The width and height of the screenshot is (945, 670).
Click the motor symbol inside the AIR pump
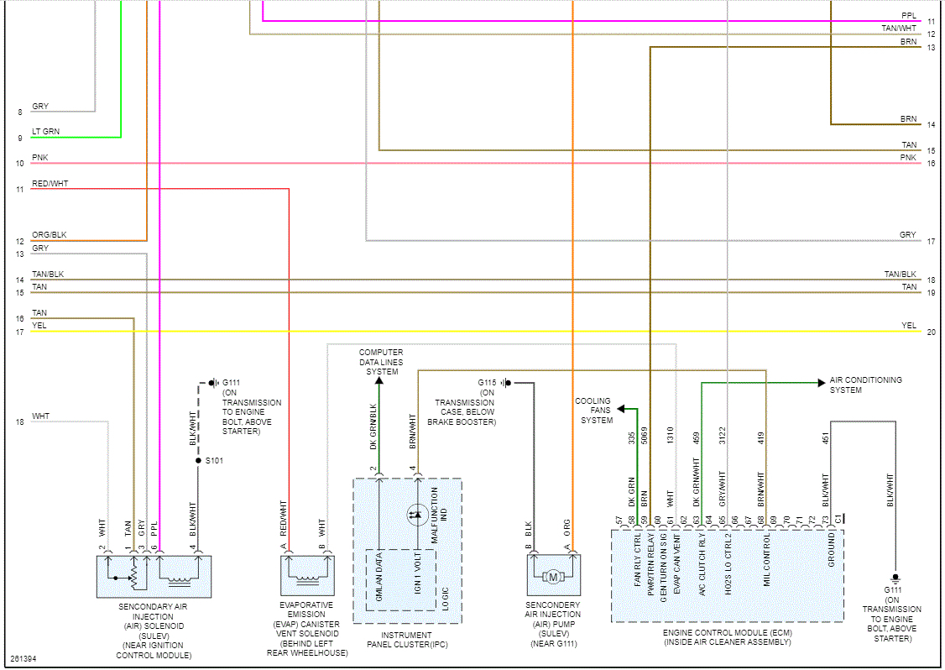553,576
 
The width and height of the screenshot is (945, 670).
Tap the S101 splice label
214,461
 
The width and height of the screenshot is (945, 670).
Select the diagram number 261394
23,658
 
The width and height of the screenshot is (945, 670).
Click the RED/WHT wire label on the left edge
50,183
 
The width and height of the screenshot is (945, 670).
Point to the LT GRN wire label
45,132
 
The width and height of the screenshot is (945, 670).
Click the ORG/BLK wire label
49,235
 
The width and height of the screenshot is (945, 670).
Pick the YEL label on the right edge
908,326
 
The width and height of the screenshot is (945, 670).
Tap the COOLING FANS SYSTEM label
593,411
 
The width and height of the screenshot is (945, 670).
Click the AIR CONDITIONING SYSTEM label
865,385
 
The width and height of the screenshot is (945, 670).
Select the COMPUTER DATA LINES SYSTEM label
380,362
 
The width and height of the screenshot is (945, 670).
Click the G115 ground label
488,382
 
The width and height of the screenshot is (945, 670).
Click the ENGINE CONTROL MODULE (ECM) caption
727,637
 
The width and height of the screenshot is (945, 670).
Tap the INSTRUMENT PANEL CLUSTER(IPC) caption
407,640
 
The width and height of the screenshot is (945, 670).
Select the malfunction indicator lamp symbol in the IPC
416,514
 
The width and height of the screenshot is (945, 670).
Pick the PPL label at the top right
908,15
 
